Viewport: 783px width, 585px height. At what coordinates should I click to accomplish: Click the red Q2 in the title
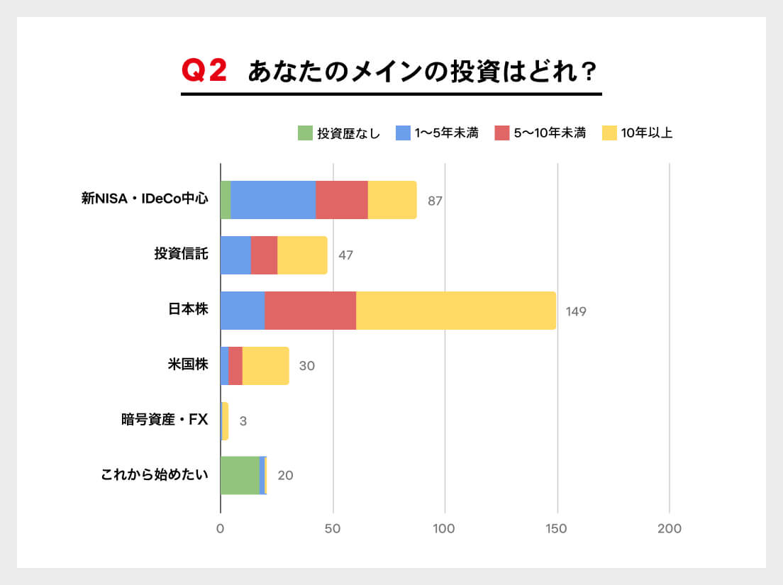pos(204,72)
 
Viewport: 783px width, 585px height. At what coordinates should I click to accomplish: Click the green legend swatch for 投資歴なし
pos(305,133)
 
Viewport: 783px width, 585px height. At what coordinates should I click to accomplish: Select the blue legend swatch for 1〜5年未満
pos(403,133)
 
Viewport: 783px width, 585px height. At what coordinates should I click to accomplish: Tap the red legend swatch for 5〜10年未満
pos(502,133)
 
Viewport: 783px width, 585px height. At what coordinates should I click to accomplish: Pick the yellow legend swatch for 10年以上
pos(609,133)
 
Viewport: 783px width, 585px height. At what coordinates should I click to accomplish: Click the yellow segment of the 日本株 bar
pos(455,311)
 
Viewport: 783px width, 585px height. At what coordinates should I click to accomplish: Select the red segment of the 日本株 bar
pos(310,311)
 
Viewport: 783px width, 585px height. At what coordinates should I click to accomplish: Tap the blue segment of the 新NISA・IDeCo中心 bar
pos(273,200)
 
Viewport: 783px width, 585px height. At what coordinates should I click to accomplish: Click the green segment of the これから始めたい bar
pos(240,475)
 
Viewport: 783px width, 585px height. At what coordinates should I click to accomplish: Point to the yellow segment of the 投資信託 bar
pos(302,255)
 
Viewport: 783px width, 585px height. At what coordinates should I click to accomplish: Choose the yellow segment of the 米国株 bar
pos(265,366)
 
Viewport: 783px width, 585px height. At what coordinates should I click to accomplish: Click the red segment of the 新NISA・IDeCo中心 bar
pos(342,200)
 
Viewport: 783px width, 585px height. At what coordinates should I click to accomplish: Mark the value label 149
pos(576,311)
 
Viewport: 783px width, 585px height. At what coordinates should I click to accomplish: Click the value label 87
pos(435,201)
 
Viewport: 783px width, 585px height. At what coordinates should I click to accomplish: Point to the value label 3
pos(243,421)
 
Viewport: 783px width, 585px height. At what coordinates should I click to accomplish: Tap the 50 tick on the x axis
pos(333,529)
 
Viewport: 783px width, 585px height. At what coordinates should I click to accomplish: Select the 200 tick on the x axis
pos(670,529)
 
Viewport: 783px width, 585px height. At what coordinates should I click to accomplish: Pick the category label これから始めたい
pos(155,474)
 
